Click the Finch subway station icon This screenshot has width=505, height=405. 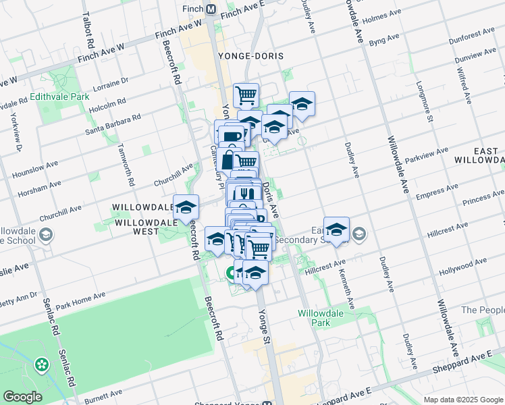(x=211, y=9)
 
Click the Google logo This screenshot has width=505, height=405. (x=22, y=397)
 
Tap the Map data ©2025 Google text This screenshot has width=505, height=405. (x=463, y=400)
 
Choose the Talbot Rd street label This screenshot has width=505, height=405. (x=88, y=30)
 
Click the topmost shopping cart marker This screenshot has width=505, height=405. (x=246, y=94)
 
